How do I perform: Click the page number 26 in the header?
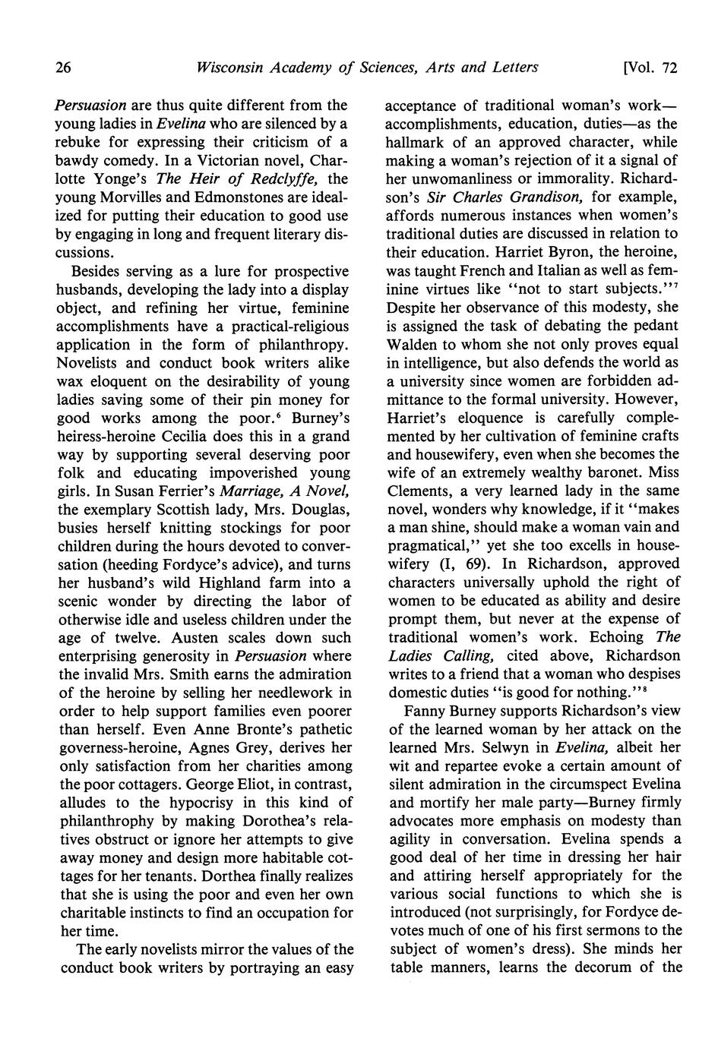(x=63, y=68)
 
